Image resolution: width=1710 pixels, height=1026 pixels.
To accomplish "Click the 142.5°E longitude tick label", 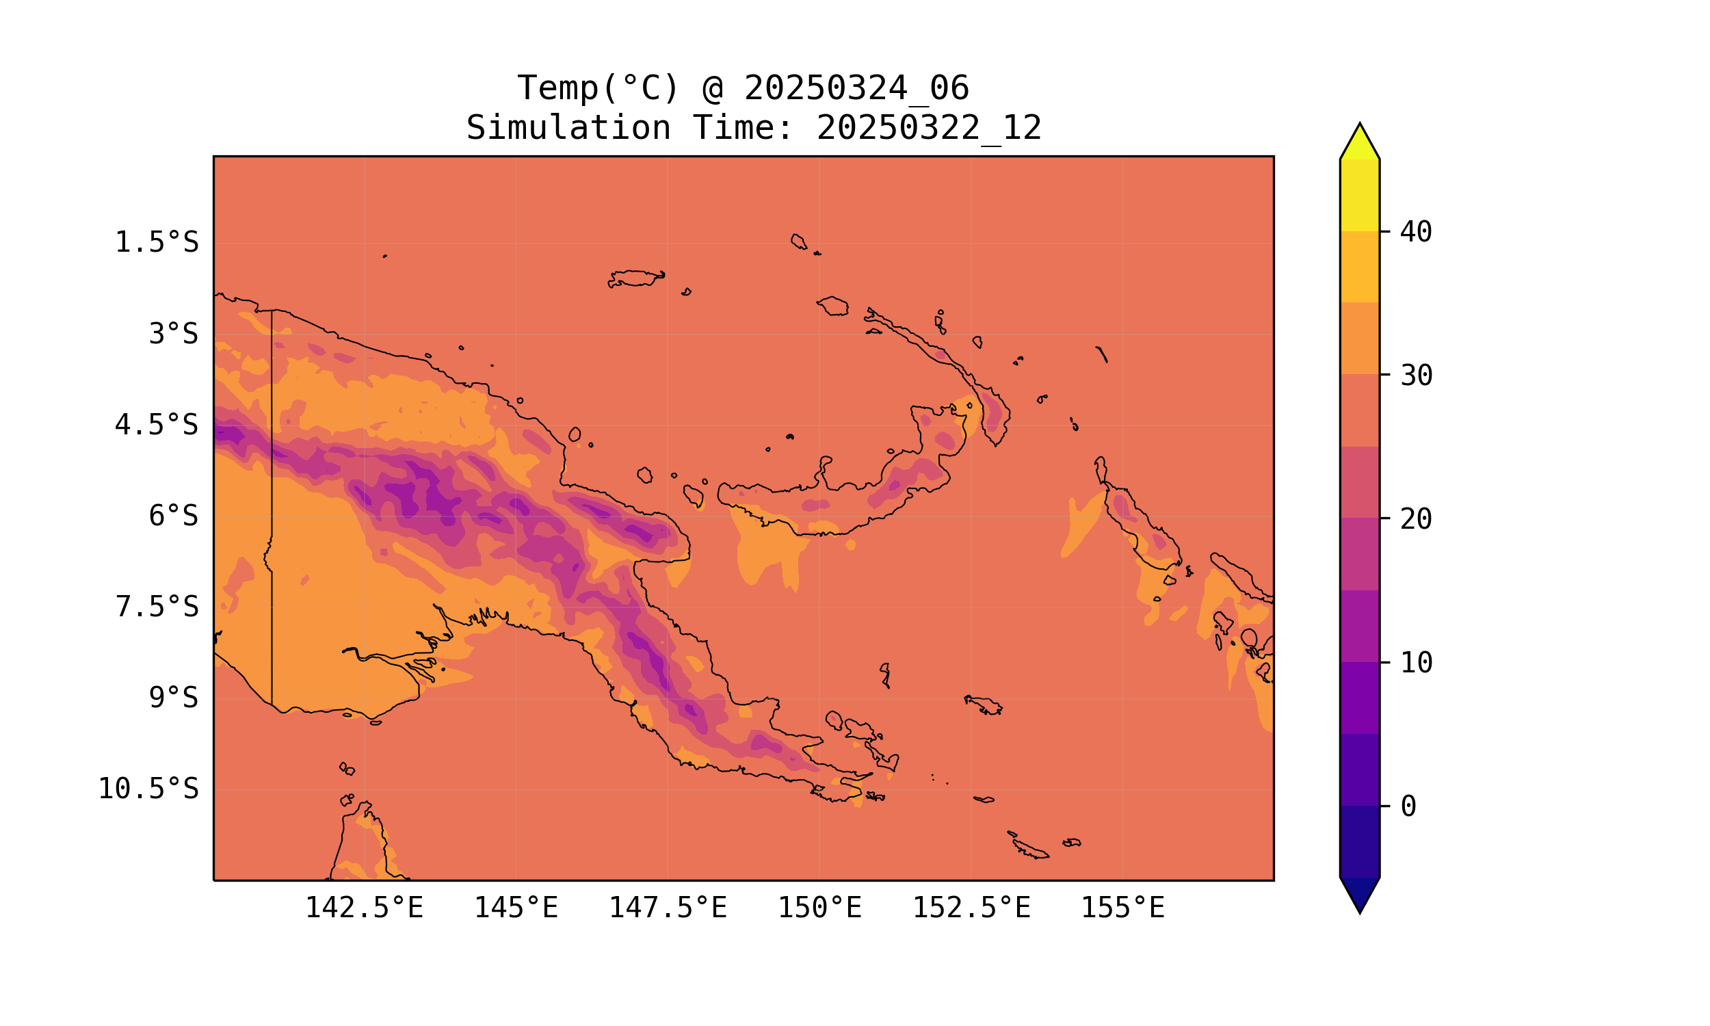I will point(365,908).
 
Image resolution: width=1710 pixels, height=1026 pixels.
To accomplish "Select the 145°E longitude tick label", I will point(516,908).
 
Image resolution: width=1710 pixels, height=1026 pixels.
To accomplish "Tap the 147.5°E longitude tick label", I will point(668,908).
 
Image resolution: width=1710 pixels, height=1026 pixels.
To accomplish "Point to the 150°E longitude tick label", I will point(819,908).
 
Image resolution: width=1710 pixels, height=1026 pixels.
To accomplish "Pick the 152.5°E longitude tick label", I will point(971,908).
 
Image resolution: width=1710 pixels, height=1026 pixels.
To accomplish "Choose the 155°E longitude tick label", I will point(1122,908).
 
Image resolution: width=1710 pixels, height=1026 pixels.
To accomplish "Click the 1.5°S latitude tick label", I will point(157,243).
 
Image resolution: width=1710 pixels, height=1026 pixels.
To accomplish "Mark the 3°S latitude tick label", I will point(174,334).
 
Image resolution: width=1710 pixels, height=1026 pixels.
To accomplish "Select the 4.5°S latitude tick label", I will point(157,425).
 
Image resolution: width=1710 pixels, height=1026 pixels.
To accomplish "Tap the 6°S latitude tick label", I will point(174,516).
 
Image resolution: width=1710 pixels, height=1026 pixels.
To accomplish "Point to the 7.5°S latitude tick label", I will point(157,607).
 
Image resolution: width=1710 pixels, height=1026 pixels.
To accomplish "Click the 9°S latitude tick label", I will point(174,698).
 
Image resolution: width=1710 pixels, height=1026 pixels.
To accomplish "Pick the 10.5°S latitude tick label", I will point(148,789).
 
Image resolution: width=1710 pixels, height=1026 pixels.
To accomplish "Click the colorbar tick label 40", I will point(1417,232).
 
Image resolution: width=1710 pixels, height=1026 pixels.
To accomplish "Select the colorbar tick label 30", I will point(1417,376).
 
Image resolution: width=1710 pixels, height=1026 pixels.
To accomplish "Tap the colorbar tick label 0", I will point(1408,806).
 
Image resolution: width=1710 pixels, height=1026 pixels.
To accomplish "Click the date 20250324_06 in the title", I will point(856,88).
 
